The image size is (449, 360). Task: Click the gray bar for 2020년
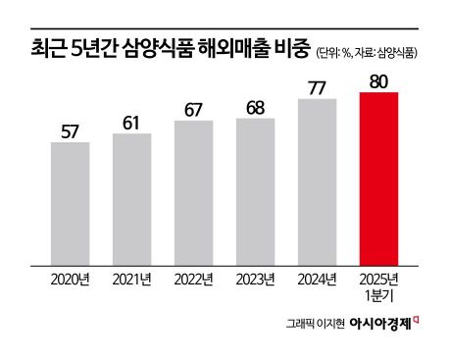pos(70,203)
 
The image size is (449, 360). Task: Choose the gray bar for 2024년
pos(318,181)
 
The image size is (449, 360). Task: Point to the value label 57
pos(70,129)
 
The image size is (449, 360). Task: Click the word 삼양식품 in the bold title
pos(161,45)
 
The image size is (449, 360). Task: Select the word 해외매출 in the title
pos(233,45)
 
